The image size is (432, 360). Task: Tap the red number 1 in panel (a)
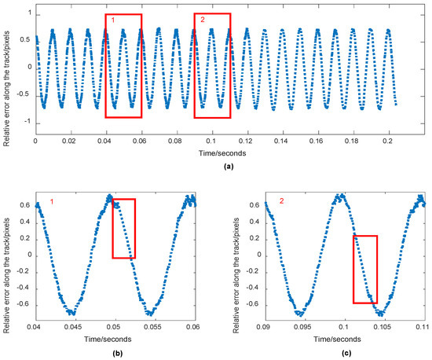click(112, 19)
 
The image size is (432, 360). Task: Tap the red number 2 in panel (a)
click(201, 19)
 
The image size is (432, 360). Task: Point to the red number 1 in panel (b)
click(52, 203)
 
